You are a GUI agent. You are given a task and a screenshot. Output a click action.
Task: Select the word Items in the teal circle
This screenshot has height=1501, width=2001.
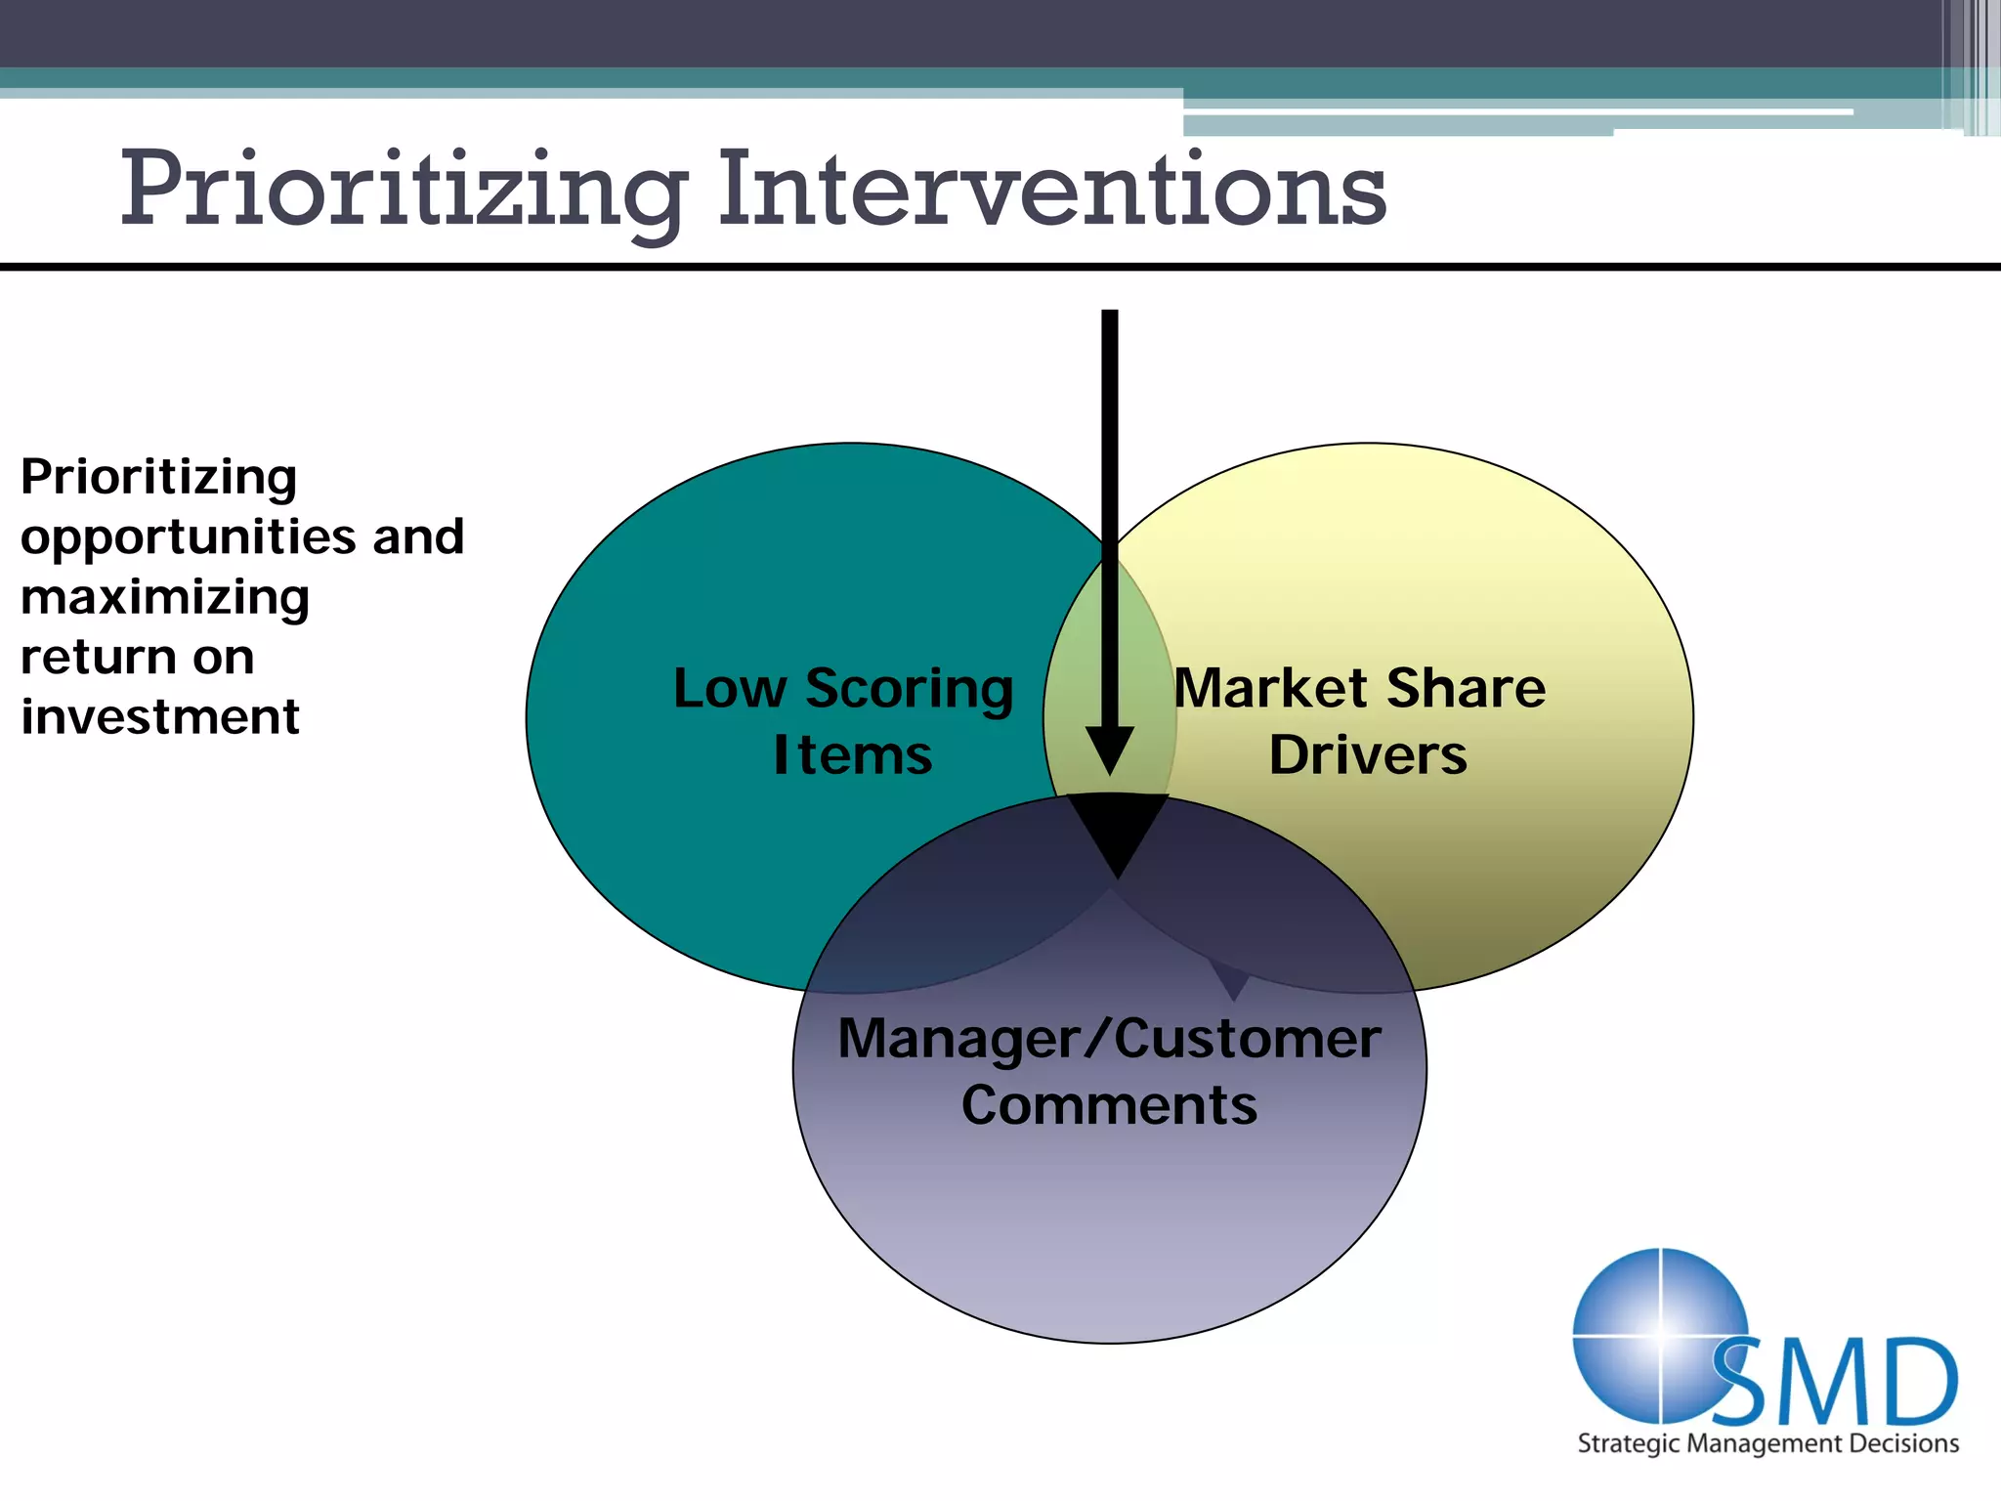852,755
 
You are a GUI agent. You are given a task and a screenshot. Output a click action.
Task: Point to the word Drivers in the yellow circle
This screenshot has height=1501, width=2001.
1368,755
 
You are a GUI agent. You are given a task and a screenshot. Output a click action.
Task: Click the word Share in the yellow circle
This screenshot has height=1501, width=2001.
1466,688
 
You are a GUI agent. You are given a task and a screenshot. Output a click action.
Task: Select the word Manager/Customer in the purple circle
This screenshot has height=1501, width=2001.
1109,1039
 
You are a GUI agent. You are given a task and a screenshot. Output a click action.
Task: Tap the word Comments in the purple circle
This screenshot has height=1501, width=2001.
1109,1105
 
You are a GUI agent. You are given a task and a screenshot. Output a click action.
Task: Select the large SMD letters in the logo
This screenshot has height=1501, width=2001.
1837,1383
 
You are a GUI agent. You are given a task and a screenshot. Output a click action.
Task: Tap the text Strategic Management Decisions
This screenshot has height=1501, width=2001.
1767,1443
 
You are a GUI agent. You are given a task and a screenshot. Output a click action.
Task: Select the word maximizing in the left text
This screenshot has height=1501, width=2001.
164,597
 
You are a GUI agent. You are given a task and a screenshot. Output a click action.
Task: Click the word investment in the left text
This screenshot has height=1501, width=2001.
159,716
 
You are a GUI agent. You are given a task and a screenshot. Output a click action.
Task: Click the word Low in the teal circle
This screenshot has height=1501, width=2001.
729,689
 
